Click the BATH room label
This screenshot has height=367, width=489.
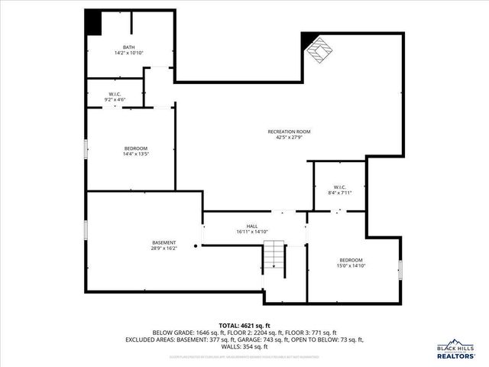point(118,47)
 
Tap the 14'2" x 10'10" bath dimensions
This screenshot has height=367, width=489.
point(118,53)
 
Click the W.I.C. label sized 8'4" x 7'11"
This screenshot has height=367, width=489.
point(340,187)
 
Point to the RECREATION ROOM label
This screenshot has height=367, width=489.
point(289,132)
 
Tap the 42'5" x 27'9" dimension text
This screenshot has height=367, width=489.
point(289,138)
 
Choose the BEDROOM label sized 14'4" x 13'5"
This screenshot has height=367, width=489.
point(136,148)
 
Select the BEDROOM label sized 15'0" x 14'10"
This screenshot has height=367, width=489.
point(351,261)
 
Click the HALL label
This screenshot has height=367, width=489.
point(252,226)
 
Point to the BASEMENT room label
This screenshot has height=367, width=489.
point(164,242)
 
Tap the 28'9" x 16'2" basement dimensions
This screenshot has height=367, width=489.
point(164,248)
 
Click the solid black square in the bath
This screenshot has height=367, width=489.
point(92,22)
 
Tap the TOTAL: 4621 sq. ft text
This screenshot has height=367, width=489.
point(244,326)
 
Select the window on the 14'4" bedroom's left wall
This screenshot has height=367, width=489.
point(86,149)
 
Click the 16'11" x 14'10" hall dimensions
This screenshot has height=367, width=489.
point(252,231)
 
